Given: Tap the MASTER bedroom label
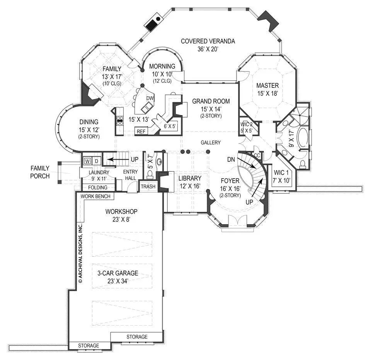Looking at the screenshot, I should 267,85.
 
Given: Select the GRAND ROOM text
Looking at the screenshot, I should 211,101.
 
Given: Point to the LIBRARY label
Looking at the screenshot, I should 190,178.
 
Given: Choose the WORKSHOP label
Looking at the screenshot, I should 121,212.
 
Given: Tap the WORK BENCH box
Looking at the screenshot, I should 95,196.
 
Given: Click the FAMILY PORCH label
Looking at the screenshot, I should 40,172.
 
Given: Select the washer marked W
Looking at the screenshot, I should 87,160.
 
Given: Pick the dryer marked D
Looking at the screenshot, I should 97,160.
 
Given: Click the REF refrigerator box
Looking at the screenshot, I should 141,131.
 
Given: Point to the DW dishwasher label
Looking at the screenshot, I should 150,99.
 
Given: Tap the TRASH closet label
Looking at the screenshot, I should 148,186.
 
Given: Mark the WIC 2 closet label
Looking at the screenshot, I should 246,125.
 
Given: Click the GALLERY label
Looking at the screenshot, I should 211,143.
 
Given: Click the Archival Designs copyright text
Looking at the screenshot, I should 81,253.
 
